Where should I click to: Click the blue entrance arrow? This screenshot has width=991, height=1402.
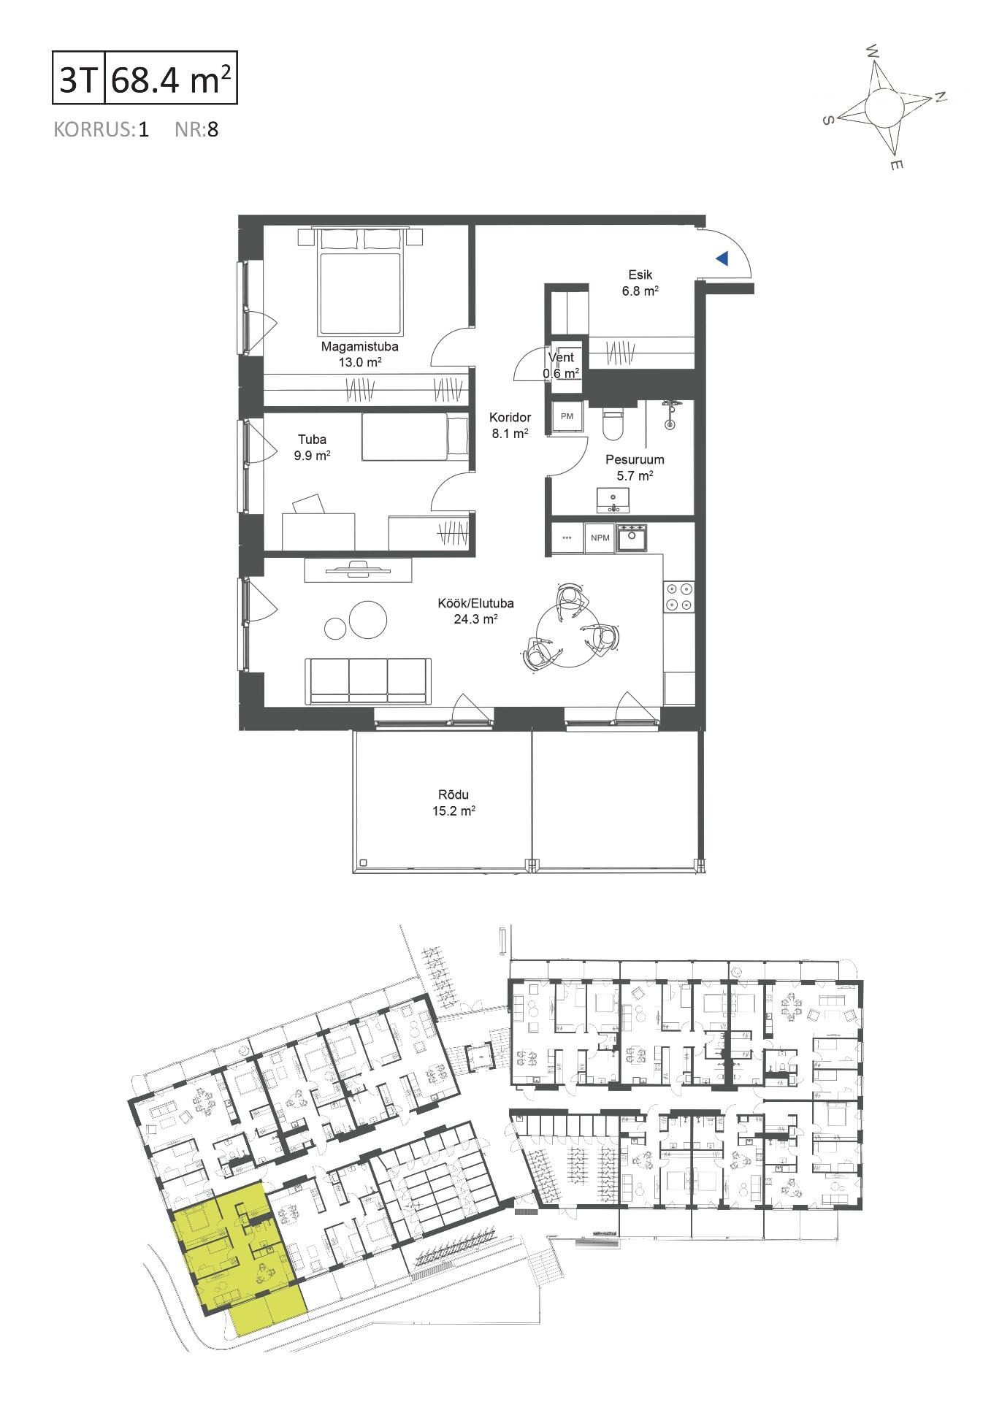[x=722, y=258]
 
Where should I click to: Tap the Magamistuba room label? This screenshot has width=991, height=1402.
[x=360, y=347]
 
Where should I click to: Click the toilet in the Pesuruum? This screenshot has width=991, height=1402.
[x=612, y=423]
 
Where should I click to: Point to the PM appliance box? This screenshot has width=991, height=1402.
[x=567, y=416]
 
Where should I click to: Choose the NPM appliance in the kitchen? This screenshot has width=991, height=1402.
[x=600, y=538]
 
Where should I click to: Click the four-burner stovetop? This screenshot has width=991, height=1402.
[x=678, y=596]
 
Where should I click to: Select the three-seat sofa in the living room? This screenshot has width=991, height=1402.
[x=367, y=680]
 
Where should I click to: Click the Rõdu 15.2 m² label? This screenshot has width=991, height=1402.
[x=454, y=802]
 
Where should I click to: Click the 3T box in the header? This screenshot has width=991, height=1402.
[x=79, y=76]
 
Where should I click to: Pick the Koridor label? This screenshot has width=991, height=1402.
[x=510, y=418]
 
